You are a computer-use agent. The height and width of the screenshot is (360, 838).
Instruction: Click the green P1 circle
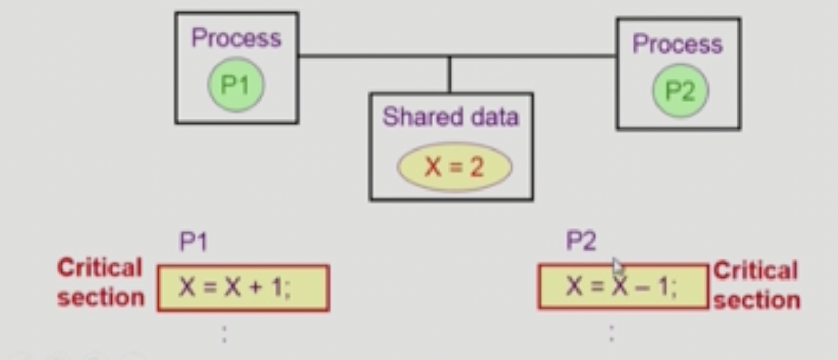tap(236, 85)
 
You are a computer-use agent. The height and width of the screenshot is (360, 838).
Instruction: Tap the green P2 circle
tap(680, 91)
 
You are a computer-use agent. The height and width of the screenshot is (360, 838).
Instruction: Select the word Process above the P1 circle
tap(236, 38)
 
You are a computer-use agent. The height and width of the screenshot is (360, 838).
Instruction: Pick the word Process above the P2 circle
tap(677, 44)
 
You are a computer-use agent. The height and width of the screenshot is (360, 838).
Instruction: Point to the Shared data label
tap(451, 117)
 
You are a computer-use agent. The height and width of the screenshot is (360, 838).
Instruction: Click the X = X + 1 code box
tap(243, 288)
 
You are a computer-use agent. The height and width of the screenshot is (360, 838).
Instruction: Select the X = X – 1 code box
tap(623, 286)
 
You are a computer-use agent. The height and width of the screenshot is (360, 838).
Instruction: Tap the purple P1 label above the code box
tap(193, 242)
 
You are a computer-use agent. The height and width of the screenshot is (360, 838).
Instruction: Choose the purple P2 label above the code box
tap(581, 241)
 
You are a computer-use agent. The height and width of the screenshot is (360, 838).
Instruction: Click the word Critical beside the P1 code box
tap(100, 268)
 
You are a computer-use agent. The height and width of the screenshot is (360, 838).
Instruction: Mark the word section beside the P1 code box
tap(101, 298)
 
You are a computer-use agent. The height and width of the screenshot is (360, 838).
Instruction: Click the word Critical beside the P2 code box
tap(755, 271)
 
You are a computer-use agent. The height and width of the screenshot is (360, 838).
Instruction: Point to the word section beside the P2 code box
tap(757, 301)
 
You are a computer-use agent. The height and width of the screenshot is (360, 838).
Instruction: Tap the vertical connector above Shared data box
tap(450, 74)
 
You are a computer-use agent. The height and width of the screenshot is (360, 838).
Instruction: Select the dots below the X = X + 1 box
tap(224, 334)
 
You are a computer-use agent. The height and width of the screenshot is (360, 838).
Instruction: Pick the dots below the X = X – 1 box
tap(611, 333)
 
